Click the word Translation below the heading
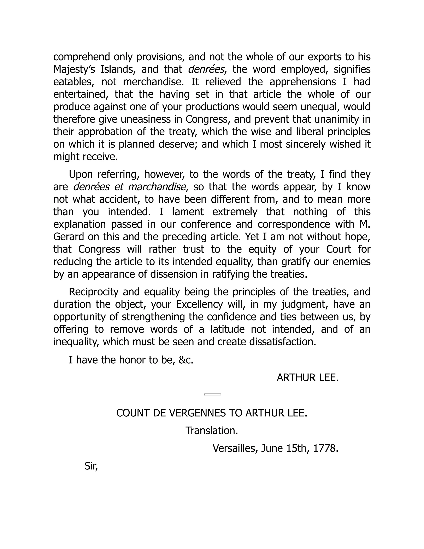click(212, 431)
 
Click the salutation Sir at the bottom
click(91, 466)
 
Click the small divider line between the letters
click(212, 394)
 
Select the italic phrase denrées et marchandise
click(130, 187)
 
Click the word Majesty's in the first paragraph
click(74, 70)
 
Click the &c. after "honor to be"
click(186, 360)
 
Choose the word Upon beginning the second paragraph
click(79, 174)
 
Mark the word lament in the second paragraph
click(188, 212)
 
